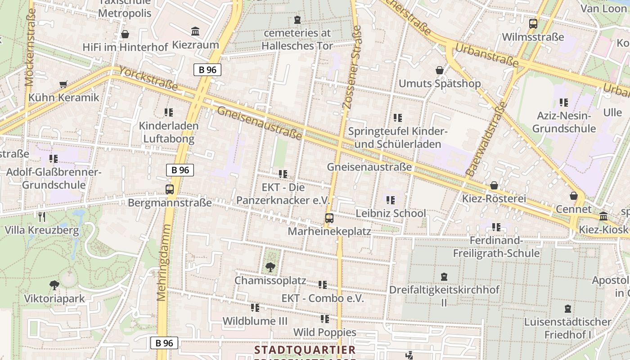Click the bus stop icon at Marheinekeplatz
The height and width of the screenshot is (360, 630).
329,218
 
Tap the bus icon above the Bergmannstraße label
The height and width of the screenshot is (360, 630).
170,189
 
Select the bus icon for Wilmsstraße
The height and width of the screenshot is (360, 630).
533,24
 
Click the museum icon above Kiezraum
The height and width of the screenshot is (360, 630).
195,31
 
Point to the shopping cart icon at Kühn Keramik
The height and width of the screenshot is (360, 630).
63,85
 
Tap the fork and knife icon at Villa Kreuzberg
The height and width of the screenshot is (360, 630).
42,217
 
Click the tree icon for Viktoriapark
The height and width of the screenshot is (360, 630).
54,285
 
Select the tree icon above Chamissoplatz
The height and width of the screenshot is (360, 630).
270,267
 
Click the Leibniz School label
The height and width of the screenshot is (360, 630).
391,213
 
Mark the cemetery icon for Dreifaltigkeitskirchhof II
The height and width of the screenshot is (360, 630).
444,276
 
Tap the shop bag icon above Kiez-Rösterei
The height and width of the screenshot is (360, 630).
494,185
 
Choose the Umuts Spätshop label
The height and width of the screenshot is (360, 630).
440,84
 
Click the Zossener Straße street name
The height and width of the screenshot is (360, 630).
352,67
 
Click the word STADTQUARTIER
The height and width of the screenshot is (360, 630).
305,350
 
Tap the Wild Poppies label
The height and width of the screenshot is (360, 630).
324,333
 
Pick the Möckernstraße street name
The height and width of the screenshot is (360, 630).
30,47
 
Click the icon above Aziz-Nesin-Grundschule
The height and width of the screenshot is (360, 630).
563,103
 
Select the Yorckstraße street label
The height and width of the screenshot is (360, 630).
148,79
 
